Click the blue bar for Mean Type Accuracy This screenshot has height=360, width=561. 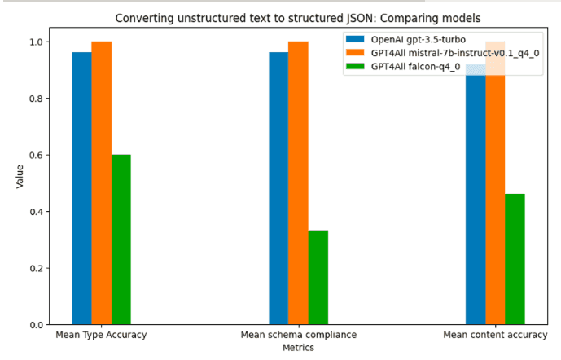coord(81,188)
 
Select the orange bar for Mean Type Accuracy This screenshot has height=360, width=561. coord(101,182)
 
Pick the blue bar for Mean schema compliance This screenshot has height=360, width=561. coord(278,188)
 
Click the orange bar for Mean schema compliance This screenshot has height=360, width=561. coord(298,182)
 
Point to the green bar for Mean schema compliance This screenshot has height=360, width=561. coord(318,278)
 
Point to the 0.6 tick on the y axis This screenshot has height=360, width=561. coord(41,155)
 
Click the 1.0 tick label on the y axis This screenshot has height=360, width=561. coord(41,42)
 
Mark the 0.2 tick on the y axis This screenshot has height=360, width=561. coord(41,268)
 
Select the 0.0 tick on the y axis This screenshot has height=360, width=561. coord(41,324)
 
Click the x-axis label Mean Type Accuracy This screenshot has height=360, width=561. coord(101,335)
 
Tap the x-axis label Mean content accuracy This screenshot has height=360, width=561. coord(495,335)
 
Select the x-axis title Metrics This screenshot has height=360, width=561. coord(298,347)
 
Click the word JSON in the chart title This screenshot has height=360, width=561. coord(351,17)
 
